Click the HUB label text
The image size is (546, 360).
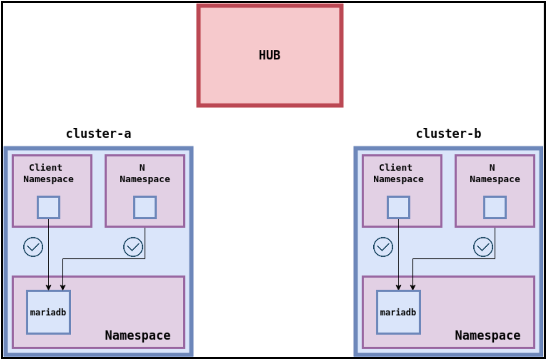(269, 55)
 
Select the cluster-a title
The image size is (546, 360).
(98, 134)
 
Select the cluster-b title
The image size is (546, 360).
(448, 134)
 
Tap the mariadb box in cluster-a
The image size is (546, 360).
(48, 312)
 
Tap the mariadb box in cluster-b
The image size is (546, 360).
(398, 312)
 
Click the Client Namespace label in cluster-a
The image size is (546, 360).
(48, 173)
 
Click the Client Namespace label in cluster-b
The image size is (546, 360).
(398, 173)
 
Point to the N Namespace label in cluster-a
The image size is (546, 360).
(145, 173)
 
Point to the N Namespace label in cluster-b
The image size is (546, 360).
(494, 173)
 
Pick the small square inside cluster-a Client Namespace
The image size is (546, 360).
(48, 208)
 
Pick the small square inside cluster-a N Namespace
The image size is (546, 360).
(145, 208)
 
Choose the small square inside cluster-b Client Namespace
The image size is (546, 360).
(398, 208)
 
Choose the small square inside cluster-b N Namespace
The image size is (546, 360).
(494, 208)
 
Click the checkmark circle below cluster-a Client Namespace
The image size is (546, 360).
(33, 247)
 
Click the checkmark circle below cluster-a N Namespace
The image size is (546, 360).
(133, 247)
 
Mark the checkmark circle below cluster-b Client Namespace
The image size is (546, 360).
(383, 247)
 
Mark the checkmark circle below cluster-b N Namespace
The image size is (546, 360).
(483, 247)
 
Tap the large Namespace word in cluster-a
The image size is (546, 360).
(138, 335)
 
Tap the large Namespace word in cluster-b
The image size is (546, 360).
(487, 335)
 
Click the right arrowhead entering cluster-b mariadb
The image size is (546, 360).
(413, 287)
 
